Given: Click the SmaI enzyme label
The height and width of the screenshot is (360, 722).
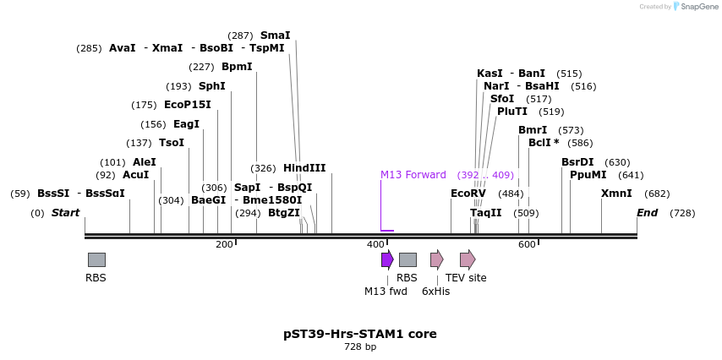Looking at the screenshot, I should coord(275,35).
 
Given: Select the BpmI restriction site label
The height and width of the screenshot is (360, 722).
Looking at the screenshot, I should coord(237,67).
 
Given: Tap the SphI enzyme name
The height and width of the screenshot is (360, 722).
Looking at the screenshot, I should coord(212,86).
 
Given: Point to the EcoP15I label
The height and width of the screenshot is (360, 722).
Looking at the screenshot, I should coord(188,105).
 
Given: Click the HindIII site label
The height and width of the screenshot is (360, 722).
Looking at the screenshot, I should coord(304,168).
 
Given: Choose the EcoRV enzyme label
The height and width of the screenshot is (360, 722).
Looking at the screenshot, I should coord(468,194).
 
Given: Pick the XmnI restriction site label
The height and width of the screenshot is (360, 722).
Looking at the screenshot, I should coord(616,194).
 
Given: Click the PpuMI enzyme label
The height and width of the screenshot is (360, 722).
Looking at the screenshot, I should coord(588,175).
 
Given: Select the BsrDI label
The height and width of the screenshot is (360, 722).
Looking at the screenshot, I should coord(577,162).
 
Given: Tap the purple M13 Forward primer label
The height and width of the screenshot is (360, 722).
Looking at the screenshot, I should coord(413,175).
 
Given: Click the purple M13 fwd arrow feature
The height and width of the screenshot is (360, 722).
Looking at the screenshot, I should coord(387,259).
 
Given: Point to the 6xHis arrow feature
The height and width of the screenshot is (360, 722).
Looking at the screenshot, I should coord(436,259).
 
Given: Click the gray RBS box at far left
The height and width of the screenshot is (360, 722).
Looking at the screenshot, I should coord(96,259).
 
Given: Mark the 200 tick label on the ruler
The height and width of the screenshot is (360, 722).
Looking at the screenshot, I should coord(224,245).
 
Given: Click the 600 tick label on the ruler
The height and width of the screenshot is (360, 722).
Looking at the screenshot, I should coord(527,245).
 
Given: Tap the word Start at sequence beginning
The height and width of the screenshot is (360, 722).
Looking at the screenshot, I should coord(65,213).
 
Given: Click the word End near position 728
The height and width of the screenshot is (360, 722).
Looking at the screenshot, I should coord(648,213).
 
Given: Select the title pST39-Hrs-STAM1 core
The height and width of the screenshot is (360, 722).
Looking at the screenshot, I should coord(360,334).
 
